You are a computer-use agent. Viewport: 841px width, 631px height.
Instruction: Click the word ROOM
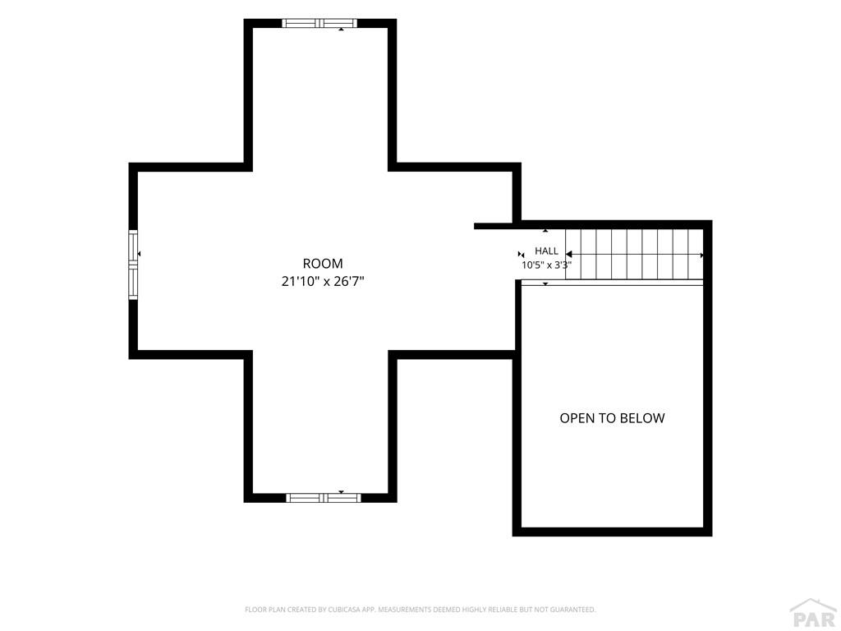[x=322, y=264]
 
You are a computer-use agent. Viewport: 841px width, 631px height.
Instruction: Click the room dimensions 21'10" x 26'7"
[x=322, y=281]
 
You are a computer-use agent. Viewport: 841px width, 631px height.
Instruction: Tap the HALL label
[x=546, y=251]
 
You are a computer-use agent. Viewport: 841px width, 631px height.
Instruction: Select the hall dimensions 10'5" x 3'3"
[x=546, y=265]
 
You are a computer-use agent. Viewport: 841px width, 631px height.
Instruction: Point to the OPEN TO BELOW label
[x=612, y=418]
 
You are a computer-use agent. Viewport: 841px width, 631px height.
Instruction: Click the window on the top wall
[x=319, y=23]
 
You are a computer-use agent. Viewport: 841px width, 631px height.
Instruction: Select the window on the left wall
[x=133, y=265]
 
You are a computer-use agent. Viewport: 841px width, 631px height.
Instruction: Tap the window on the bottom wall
[x=324, y=498]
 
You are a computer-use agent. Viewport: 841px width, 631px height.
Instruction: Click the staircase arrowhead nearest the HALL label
[x=568, y=255]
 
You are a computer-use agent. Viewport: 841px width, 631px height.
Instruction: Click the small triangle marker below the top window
[x=341, y=30]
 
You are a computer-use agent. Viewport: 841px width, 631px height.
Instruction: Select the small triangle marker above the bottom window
[x=341, y=491]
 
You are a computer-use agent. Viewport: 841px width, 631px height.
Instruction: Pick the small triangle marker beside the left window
[x=139, y=253]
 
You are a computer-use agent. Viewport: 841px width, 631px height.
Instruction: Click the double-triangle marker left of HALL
[x=521, y=255]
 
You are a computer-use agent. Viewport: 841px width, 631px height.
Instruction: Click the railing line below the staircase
[x=612, y=283]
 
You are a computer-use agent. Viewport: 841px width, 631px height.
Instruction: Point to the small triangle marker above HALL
[x=545, y=231]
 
